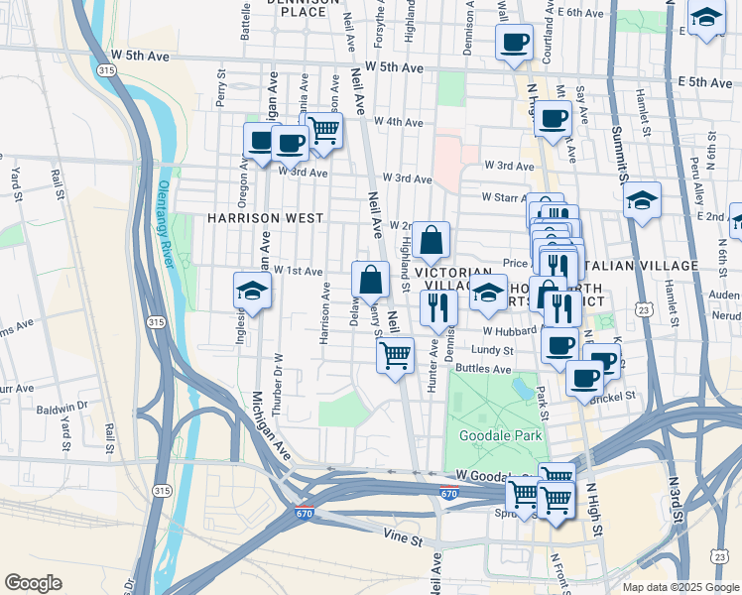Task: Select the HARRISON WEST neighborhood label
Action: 266,217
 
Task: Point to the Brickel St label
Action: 611,396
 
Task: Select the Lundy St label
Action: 493,350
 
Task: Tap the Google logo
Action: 33,583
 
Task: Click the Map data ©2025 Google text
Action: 680,587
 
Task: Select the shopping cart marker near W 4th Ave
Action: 323,130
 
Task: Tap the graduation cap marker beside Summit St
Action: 642,201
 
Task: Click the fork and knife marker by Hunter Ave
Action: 436,306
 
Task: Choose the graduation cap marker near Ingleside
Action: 252,292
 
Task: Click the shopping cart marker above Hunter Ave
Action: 396,354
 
